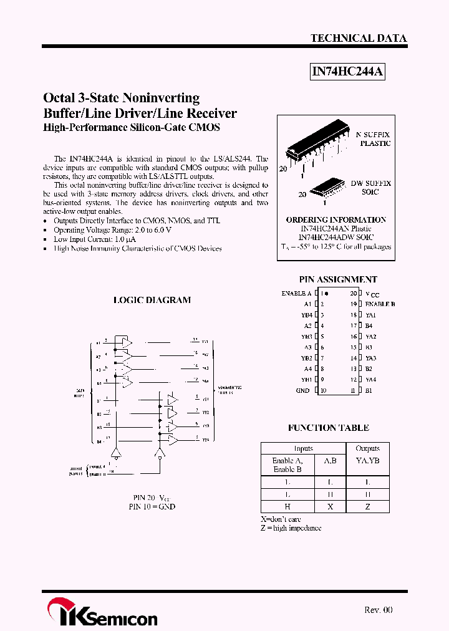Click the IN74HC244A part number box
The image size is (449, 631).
347,72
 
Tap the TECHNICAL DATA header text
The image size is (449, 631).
359,38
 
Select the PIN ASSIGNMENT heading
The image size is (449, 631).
338,279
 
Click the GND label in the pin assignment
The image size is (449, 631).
303,390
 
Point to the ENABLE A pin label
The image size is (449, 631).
296,293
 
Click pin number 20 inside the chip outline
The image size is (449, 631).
353,293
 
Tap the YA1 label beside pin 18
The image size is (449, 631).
370,315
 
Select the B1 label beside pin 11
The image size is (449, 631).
369,390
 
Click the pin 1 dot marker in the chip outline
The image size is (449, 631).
327,293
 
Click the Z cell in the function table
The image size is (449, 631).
367,507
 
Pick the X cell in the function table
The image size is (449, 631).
330,507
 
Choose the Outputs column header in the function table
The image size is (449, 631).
367,448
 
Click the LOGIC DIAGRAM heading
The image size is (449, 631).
152,300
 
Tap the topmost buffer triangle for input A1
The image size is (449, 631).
127,342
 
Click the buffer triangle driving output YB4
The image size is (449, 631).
171,440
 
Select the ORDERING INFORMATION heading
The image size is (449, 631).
336,219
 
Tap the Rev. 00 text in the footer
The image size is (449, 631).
378,610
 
